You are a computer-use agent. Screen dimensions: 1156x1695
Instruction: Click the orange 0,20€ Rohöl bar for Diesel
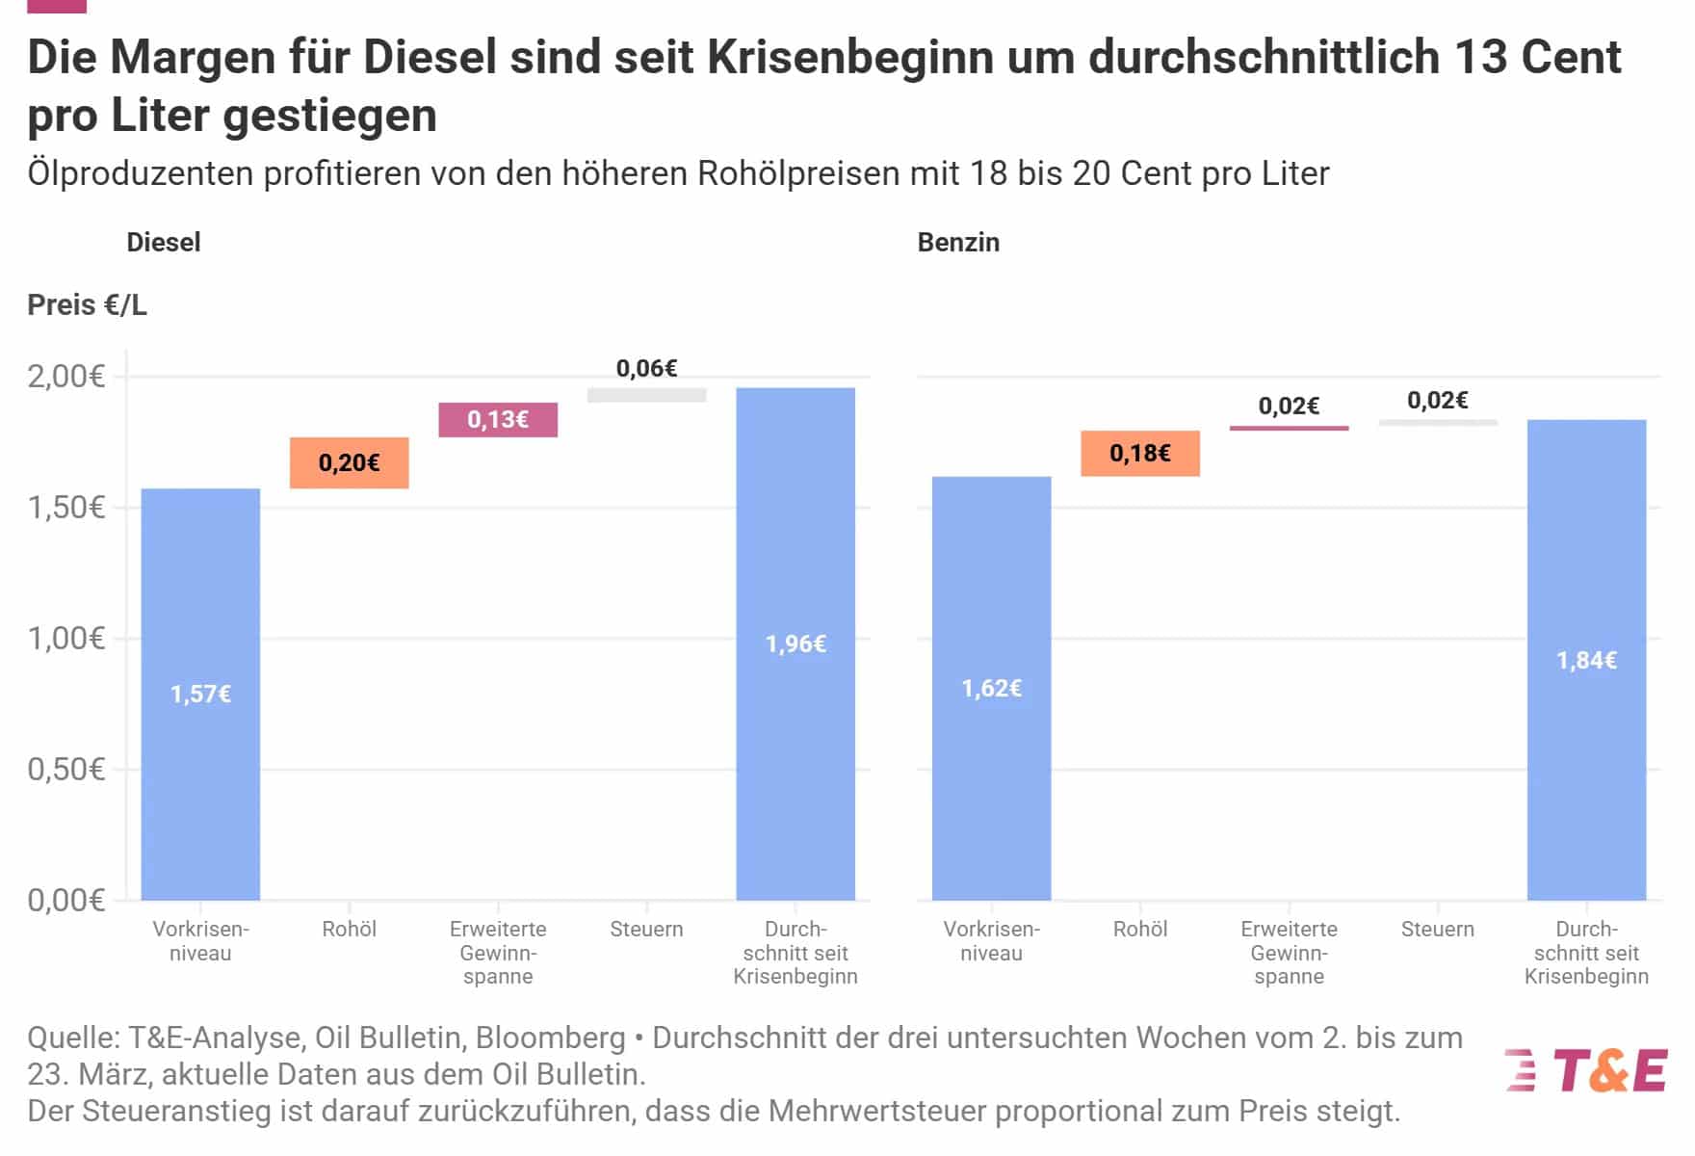349,463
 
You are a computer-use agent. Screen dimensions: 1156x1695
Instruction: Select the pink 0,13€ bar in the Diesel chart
498,420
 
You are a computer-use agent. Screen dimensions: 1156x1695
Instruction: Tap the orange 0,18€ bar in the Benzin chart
1140,454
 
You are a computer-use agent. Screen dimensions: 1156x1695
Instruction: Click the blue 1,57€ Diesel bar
200,694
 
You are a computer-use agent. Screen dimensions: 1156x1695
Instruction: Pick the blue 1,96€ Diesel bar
795,644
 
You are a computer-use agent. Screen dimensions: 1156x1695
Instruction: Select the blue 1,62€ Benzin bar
991,688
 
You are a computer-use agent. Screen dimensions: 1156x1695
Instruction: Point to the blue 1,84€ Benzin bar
1586,660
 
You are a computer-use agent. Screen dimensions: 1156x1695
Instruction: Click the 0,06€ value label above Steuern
646,368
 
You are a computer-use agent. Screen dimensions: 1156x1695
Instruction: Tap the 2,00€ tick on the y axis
65,377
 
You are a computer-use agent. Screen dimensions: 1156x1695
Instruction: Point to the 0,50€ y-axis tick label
65,770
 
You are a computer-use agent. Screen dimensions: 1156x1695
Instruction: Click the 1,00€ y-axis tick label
65,639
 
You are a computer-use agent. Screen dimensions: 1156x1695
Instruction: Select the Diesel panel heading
164,242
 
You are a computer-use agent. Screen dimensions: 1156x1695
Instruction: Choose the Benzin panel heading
958,242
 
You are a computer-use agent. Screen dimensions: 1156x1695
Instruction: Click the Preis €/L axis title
87,305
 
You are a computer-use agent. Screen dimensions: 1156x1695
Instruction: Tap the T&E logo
1586,1070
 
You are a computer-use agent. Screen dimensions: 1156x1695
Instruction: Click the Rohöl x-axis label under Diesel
349,930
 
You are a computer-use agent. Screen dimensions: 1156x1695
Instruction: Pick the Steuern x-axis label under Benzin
1437,930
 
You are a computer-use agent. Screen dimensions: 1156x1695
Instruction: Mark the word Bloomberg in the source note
550,1038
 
